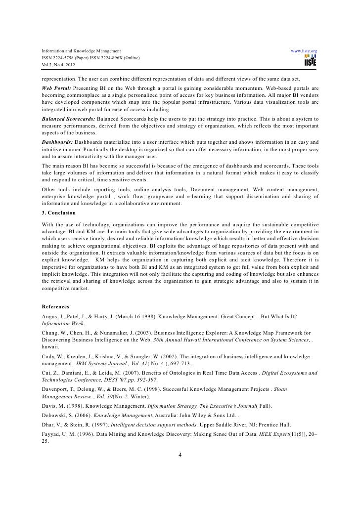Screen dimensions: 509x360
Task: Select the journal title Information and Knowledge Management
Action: [x=78, y=51]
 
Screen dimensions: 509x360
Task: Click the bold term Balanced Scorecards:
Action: [x=68, y=120]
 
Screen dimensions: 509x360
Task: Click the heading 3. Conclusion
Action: [x=58, y=212]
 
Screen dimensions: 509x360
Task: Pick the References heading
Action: [x=55, y=306]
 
